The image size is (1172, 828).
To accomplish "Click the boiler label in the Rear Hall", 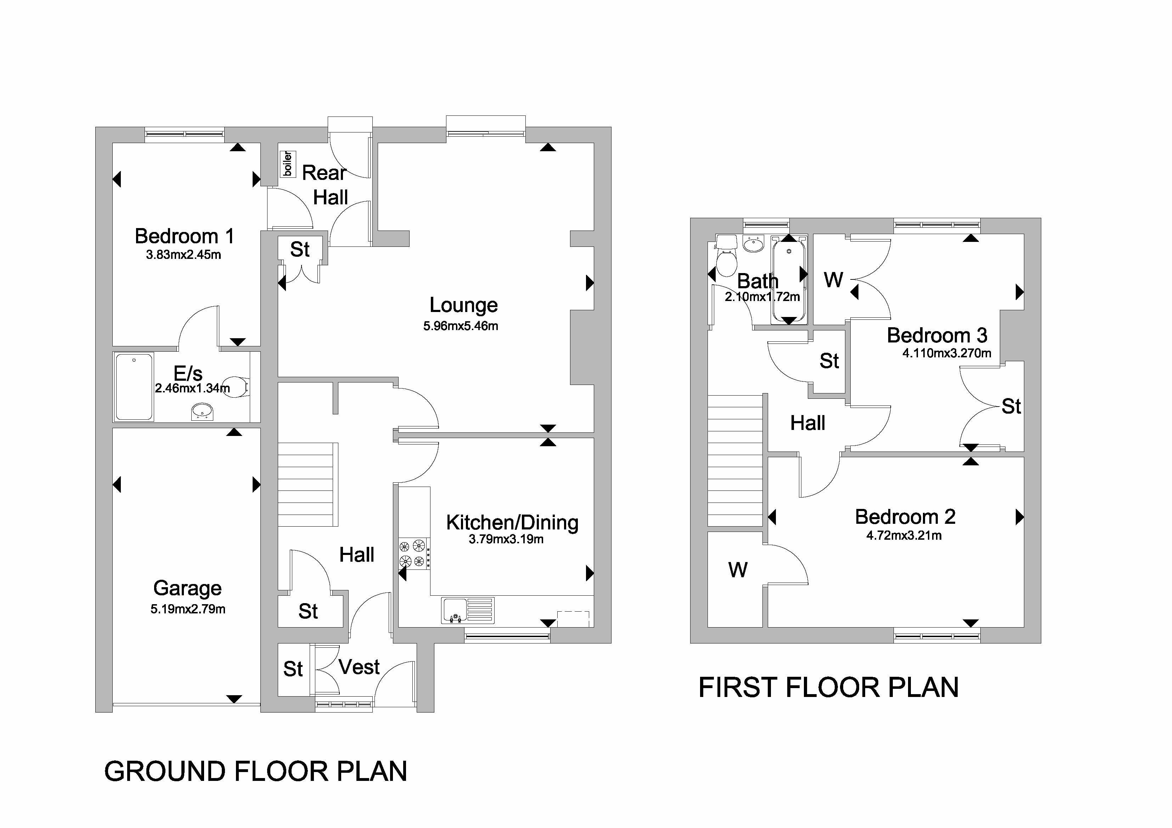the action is click(287, 163).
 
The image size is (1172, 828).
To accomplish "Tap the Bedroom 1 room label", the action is click(184, 236).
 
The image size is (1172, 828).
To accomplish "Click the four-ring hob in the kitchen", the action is click(412, 554).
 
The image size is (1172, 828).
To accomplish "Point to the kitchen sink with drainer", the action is click(468, 610).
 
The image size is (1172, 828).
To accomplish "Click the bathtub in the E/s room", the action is click(134, 387).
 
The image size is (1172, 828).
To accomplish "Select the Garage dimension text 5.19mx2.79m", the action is click(188, 609).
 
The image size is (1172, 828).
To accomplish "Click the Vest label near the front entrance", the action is click(359, 667).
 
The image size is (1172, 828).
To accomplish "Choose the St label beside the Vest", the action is click(293, 669).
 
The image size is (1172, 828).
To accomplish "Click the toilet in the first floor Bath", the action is click(726, 257).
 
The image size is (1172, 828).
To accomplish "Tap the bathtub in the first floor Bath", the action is click(789, 279).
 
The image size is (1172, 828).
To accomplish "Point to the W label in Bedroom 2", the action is click(738, 570).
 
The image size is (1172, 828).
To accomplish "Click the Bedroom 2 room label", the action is click(905, 517).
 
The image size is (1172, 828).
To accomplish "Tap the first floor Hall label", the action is click(807, 423).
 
